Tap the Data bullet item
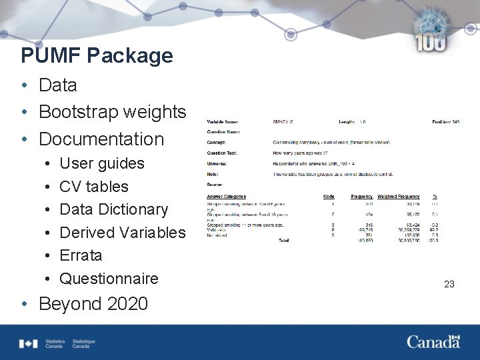click(58, 85)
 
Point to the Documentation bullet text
click(101, 139)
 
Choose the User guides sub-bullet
click(102, 163)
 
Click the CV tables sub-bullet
click(94, 187)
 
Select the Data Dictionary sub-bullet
click(114, 209)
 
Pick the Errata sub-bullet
click(81, 255)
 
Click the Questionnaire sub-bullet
click(109, 279)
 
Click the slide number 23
click(449, 284)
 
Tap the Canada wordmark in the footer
click(433, 342)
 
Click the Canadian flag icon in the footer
click(29, 343)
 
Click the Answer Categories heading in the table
click(226, 197)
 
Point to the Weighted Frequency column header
click(399, 197)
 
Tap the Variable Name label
click(223, 122)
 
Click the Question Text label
click(222, 153)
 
